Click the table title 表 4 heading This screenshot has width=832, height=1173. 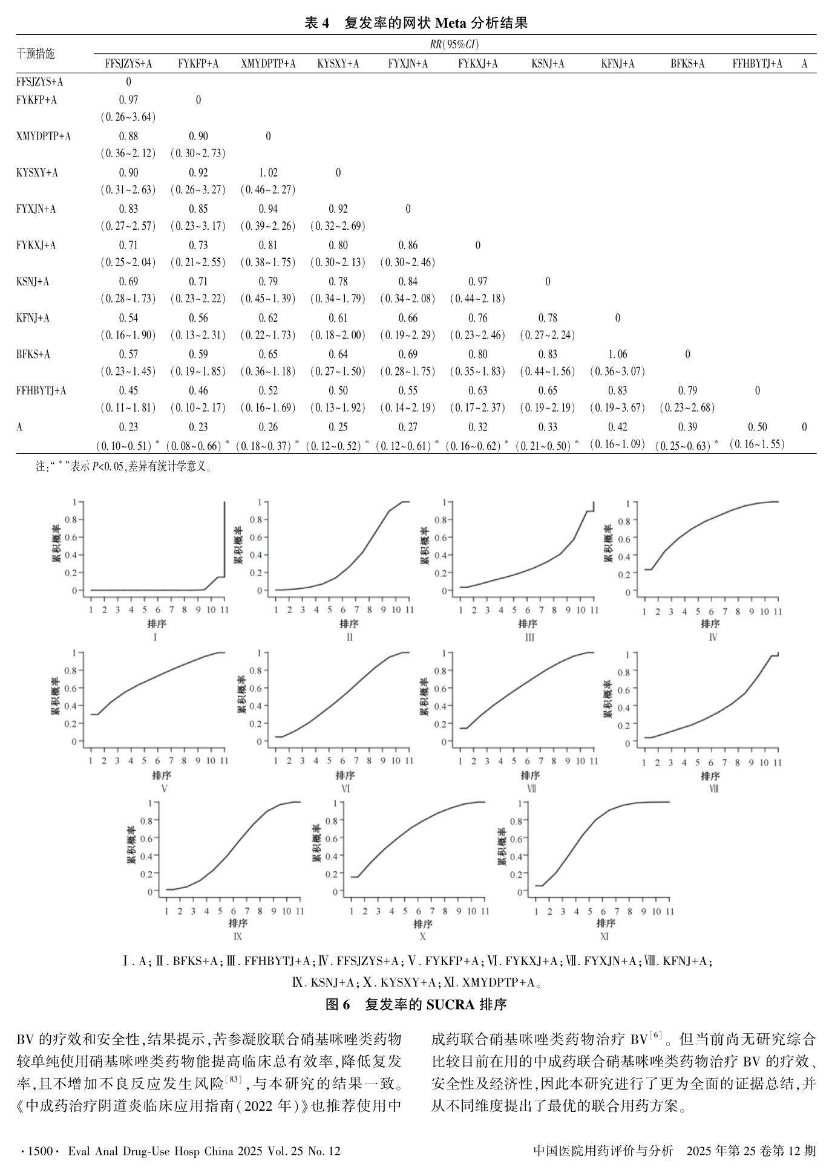(x=416, y=23)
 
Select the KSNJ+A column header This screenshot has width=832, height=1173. (x=548, y=63)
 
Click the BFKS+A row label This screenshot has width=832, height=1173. (x=33, y=354)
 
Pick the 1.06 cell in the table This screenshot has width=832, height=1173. (x=618, y=354)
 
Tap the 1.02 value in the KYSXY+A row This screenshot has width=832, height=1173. (x=268, y=173)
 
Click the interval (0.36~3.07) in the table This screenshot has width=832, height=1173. (x=618, y=371)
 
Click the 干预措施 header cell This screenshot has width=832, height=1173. (x=36, y=54)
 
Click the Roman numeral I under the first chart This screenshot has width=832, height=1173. (x=156, y=637)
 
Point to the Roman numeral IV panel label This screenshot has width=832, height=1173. (x=713, y=637)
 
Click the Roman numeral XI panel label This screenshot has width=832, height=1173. (x=604, y=937)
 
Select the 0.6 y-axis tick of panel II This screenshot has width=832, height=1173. (x=264, y=538)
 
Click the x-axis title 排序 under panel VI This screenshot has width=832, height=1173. (x=345, y=775)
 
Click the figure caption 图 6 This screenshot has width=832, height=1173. (x=416, y=1005)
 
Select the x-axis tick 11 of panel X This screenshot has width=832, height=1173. (x=484, y=911)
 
